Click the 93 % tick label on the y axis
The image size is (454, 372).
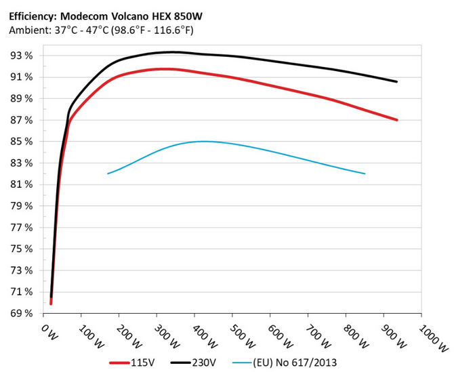click(23, 56)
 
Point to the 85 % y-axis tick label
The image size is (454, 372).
click(23, 142)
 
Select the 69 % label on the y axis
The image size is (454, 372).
click(23, 314)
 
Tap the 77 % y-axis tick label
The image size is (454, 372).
click(23, 228)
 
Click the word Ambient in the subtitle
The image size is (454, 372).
click(28, 30)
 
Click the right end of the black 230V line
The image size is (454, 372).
click(396, 81)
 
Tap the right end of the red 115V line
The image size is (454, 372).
click(396, 120)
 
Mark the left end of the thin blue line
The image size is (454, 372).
click(108, 173)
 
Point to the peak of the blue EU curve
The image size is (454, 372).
click(203, 141)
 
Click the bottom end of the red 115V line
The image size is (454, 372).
click(51, 303)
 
